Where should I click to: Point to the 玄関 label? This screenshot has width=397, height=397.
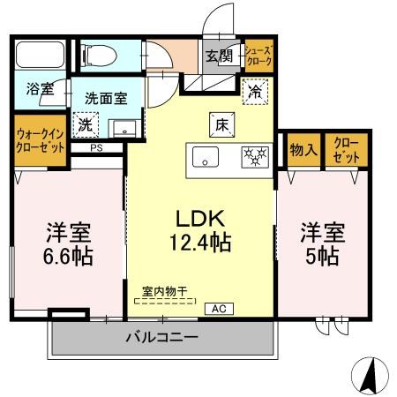[219, 56]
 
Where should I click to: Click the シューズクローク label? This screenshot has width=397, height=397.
[258, 56]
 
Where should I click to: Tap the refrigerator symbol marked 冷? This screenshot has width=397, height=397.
[253, 91]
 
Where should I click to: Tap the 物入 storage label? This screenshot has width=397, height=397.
[303, 149]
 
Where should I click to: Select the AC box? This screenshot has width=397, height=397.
[216, 309]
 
